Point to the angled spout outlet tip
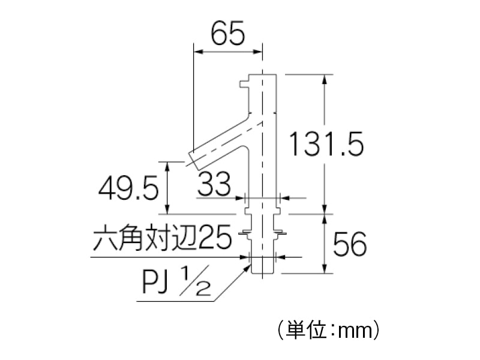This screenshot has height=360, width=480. point(194,157)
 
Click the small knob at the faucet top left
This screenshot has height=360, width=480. point(243,83)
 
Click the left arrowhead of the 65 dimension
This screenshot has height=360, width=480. point(196,52)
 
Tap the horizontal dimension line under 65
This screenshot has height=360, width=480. point(228,52)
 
